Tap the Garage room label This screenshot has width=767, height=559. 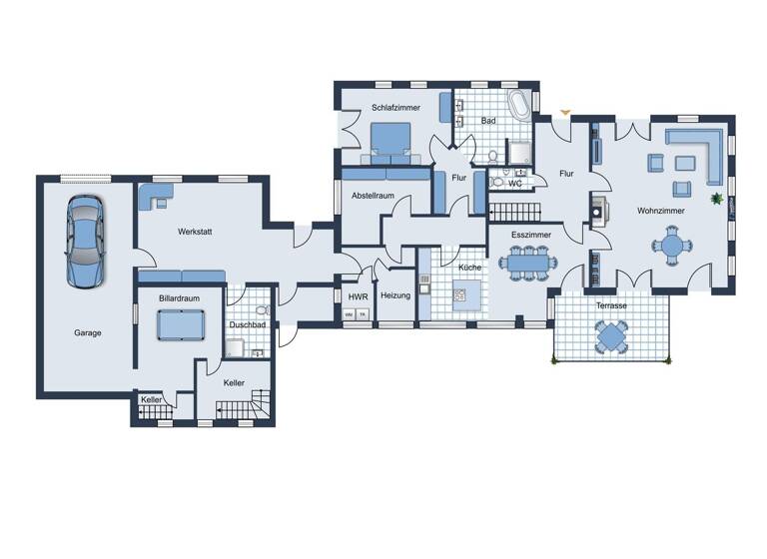(87, 333)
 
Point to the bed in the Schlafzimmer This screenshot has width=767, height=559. (390, 141)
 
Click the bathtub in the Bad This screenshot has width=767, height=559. (520, 107)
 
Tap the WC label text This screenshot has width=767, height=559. (515, 184)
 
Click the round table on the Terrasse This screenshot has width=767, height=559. (611, 337)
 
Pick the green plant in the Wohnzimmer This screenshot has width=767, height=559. (716, 199)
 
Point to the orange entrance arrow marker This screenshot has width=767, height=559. (565, 112)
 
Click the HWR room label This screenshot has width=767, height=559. (357, 296)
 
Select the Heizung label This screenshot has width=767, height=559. (395, 295)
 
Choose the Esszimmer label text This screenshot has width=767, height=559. (530, 236)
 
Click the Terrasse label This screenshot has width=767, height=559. (611, 305)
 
